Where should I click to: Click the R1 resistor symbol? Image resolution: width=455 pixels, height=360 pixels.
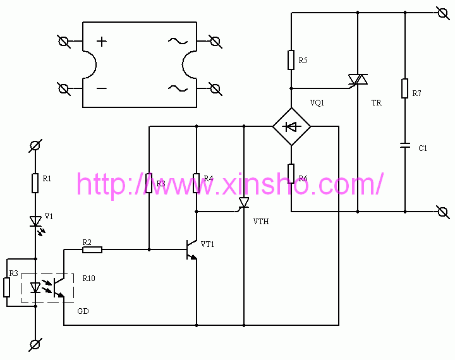(x=35, y=183)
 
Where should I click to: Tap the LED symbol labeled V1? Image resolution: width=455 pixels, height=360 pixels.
(x=35, y=220)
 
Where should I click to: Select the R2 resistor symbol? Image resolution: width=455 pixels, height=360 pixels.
(x=92, y=249)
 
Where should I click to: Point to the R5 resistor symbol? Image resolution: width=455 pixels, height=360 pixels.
(x=291, y=60)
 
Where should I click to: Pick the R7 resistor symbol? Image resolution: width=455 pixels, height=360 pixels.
(x=404, y=88)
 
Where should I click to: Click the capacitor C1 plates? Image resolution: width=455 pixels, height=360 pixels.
(x=404, y=146)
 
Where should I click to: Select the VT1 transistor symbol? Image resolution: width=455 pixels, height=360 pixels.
(x=190, y=250)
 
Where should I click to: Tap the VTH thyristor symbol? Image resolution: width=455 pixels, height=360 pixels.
(x=243, y=202)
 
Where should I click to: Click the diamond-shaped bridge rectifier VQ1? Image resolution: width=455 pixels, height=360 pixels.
(x=291, y=126)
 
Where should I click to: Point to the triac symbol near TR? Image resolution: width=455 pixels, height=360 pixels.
(x=358, y=80)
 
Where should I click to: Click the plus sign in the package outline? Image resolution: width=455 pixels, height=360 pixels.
(x=102, y=42)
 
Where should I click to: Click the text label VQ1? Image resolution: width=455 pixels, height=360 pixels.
(x=317, y=102)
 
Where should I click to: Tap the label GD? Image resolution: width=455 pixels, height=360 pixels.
(x=83, y=311)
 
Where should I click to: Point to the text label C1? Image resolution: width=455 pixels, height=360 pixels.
(x=423, y=148)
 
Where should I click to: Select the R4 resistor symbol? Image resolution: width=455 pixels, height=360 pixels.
(x=197, y=183)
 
